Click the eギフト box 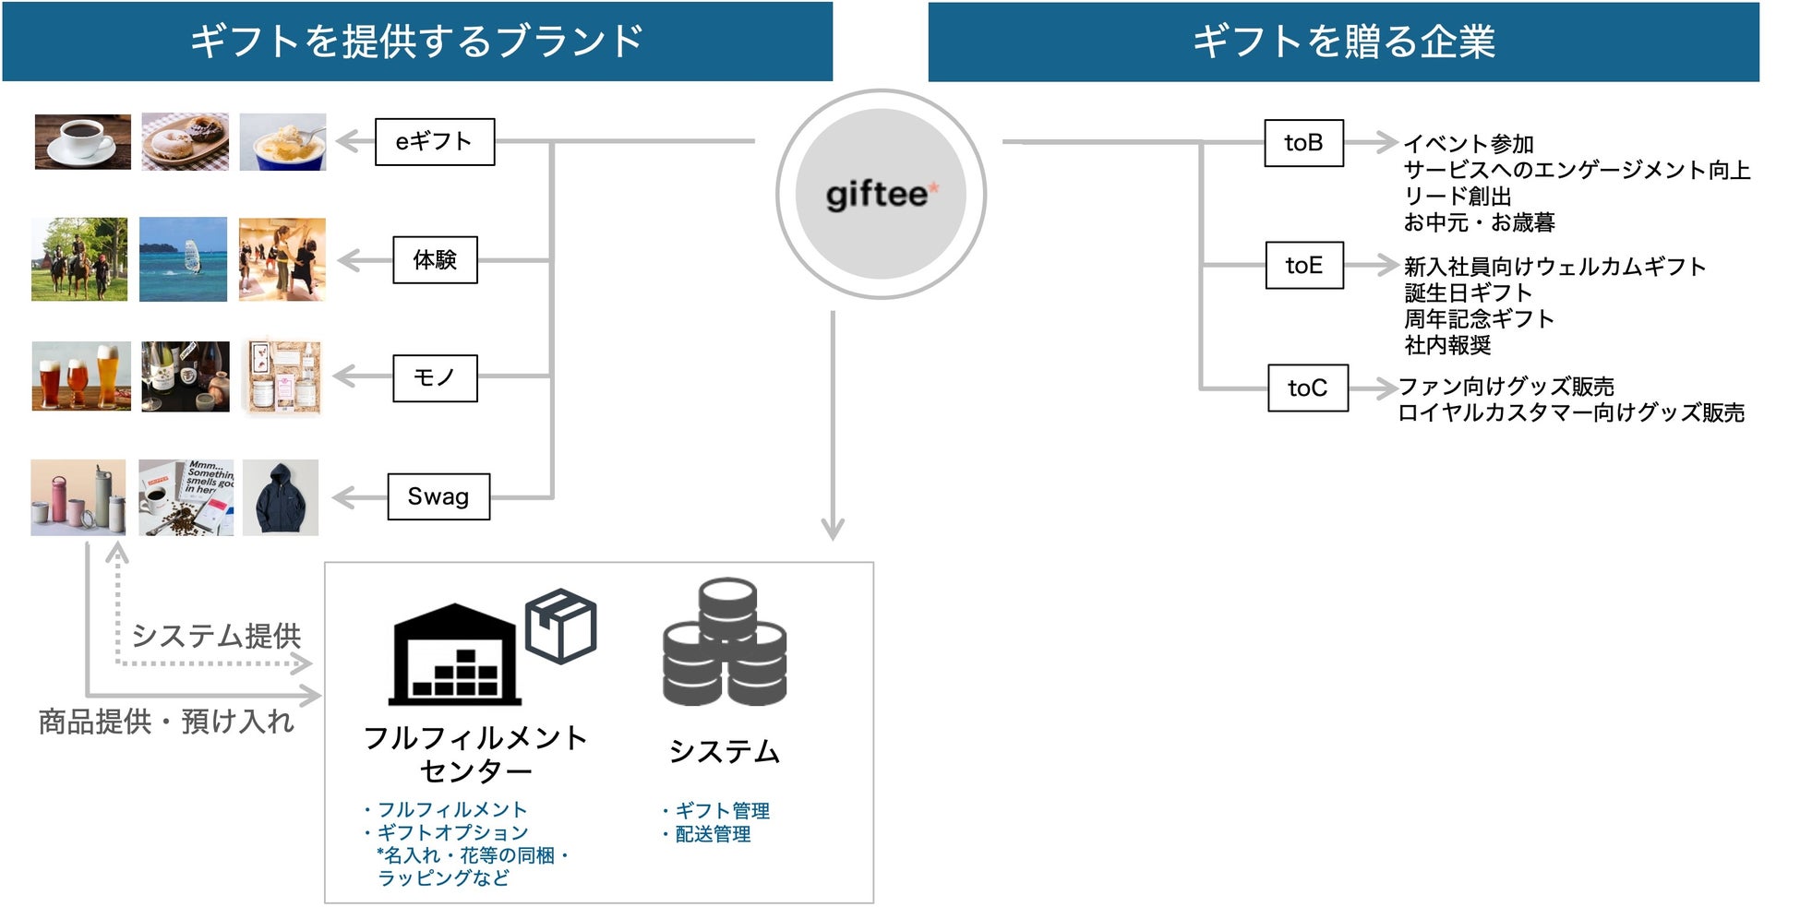(435, 142)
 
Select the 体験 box (435, 260)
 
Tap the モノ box (435, 378)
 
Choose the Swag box (438, 496)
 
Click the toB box (1303, 143)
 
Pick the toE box (1303, 266)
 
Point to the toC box (1307, 388)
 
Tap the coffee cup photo (82, 141)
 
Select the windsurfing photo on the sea (183, 259)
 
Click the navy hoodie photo (281, 498)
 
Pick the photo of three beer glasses (81, 376)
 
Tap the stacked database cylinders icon (726, 642)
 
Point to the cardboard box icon (560, 626)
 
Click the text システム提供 (216, 636)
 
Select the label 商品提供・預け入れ (166, 722)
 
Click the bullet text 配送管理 (712, 834)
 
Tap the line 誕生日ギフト (1468, 292)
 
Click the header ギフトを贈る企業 (1343, 42)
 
